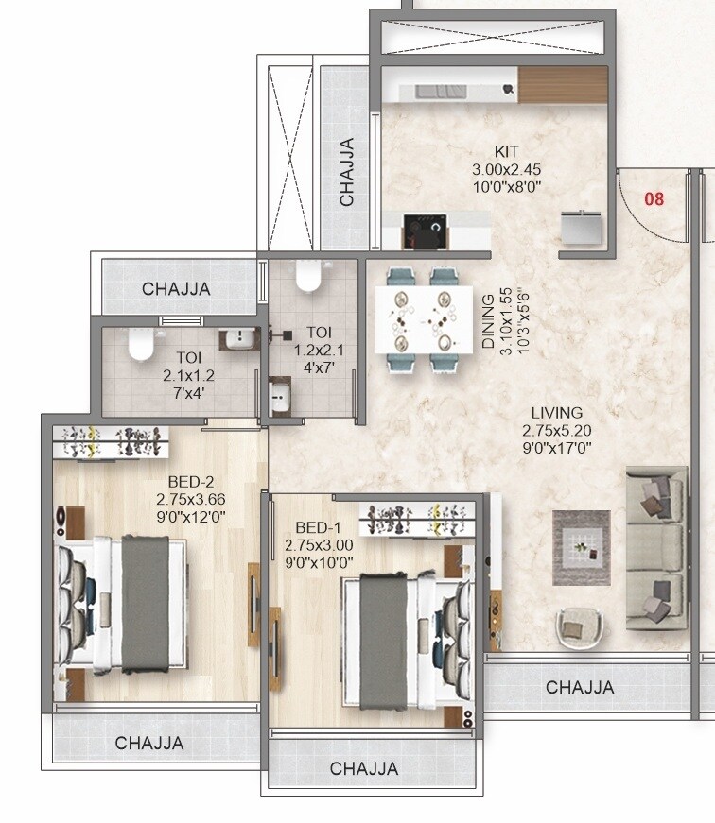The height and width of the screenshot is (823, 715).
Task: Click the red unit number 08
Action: coord(654,199)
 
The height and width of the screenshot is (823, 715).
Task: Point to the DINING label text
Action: coord(488,322)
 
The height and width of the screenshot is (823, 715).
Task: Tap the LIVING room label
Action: coord(556,413)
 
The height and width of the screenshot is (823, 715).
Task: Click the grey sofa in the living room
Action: coord(655,547)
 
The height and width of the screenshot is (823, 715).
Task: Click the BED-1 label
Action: coord(312,527)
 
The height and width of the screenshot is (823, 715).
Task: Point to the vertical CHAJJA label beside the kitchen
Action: coord(347,172)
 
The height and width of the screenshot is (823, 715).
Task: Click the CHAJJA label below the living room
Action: coord(579,687)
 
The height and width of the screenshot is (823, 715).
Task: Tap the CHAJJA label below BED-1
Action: coord(364,769)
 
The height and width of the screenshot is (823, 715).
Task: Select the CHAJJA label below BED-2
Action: coord(149,744)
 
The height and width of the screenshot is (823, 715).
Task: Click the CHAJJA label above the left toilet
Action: coord(177,289)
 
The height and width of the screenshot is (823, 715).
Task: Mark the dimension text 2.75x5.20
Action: coord(556,431)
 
